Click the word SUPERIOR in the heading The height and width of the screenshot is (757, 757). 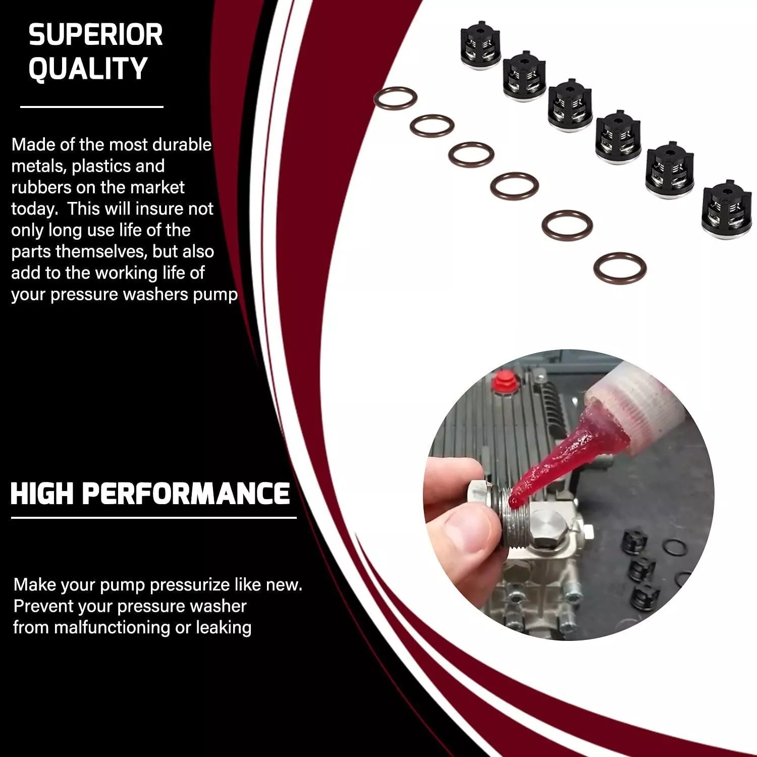point(95,35)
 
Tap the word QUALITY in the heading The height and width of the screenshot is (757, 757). point(87,69)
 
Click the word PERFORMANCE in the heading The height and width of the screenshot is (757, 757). point(186,494)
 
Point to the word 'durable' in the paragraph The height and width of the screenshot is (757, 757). point(182,145)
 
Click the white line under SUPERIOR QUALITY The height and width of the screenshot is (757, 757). point(92,107)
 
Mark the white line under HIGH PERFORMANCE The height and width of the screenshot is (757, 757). point(154,517)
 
